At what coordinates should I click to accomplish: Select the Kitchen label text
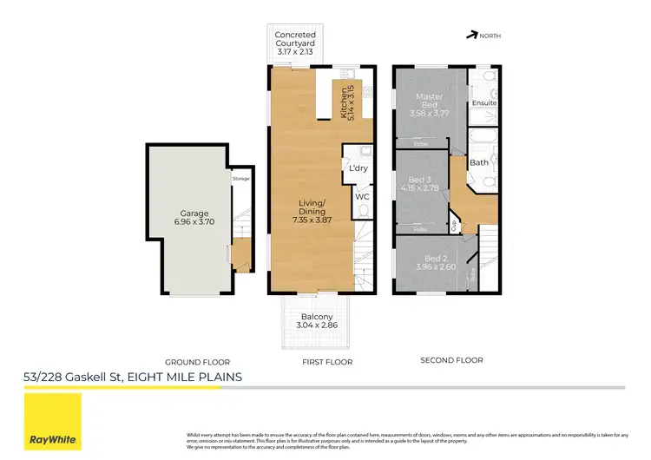tap(346, 102)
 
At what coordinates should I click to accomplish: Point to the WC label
tap(362, 196)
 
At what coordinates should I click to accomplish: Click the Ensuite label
tap(484, 103)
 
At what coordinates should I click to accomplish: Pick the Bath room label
tap(479, 162)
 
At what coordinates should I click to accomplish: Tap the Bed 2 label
tap(436, 258)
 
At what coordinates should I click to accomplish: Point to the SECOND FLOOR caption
tap(451, 360)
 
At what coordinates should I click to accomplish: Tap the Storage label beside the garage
tap(240, 179)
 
